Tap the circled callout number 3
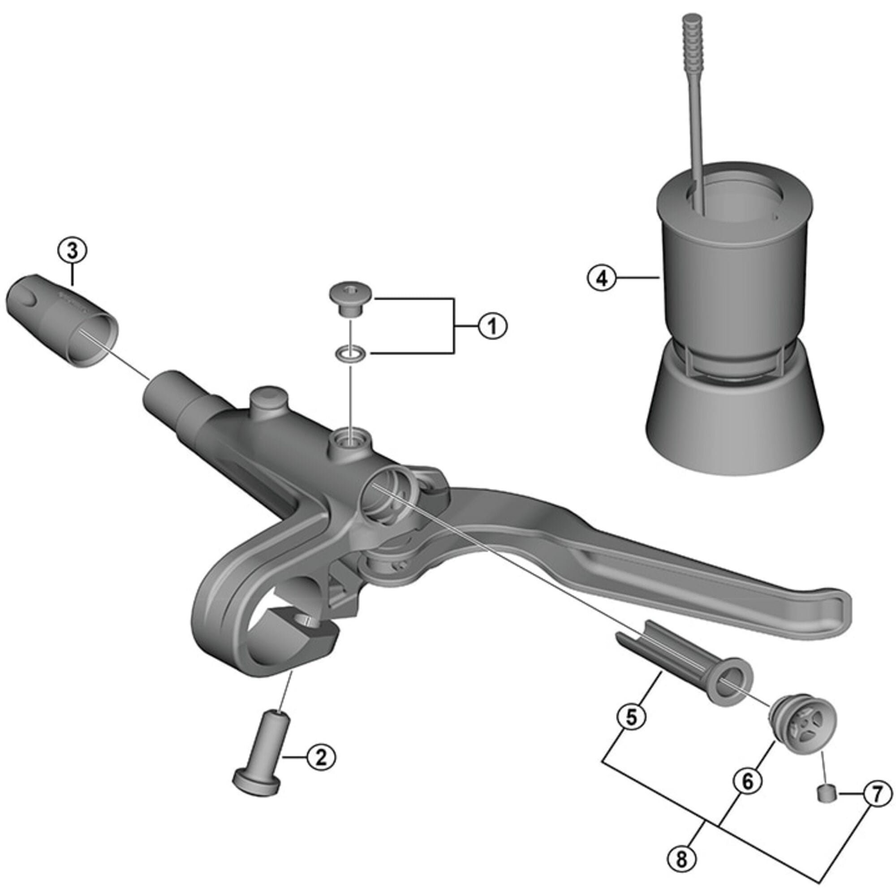[x=72, y=251]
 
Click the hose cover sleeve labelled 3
[x=63, y=320]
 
